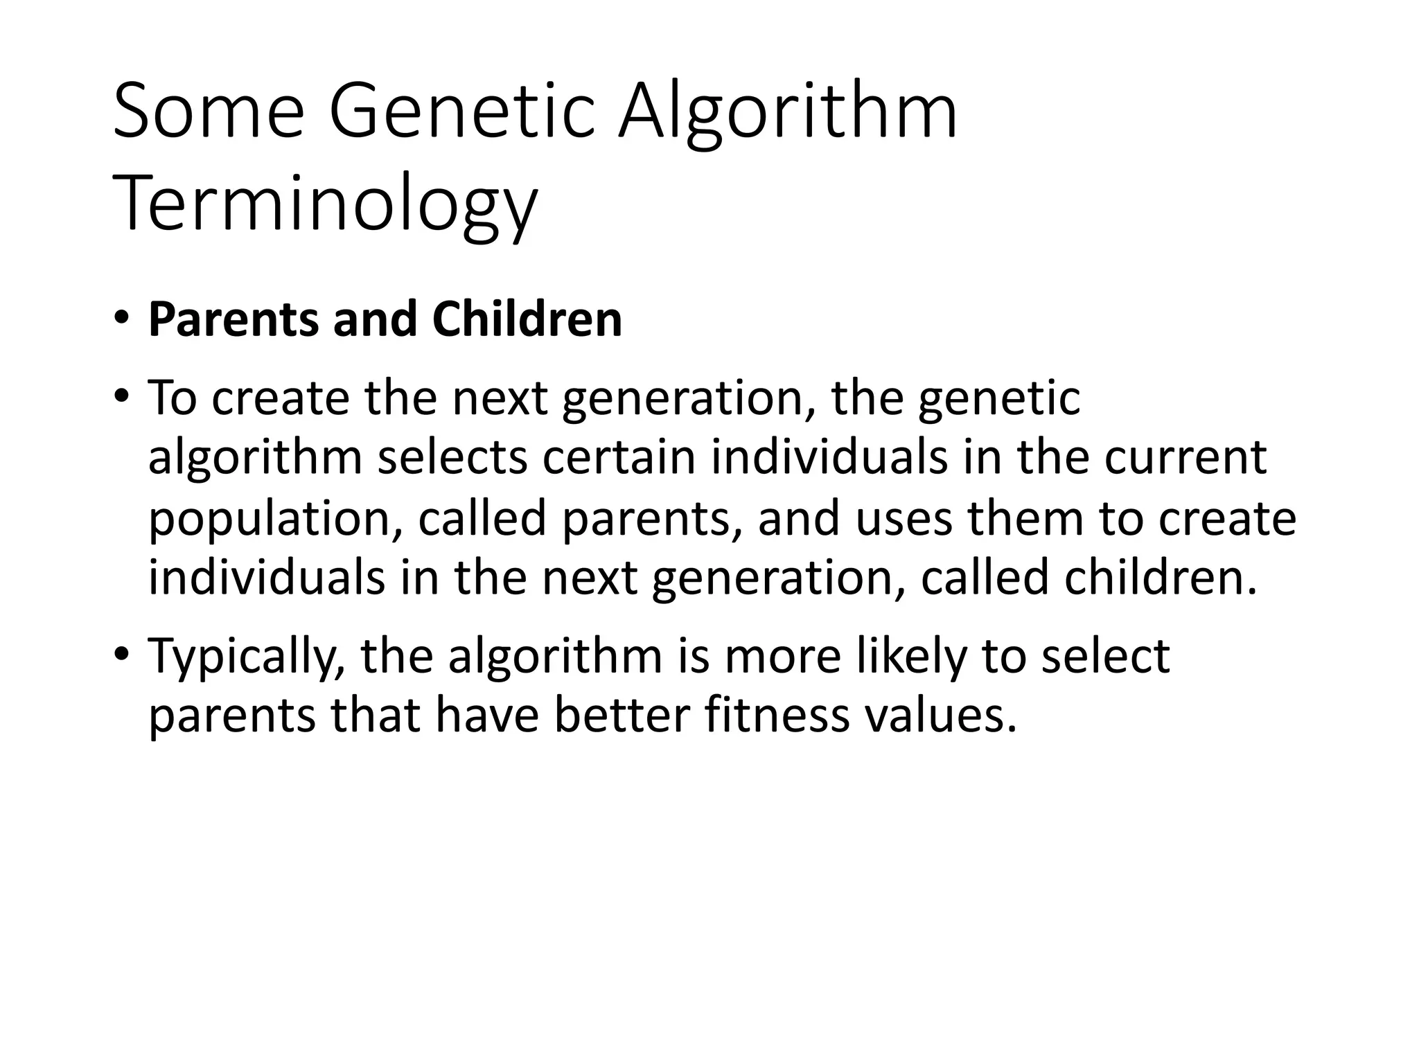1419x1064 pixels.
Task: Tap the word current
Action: (1185, 458)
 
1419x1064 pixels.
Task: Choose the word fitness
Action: (777, 716)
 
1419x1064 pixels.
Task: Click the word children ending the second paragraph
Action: (1158, 577)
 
